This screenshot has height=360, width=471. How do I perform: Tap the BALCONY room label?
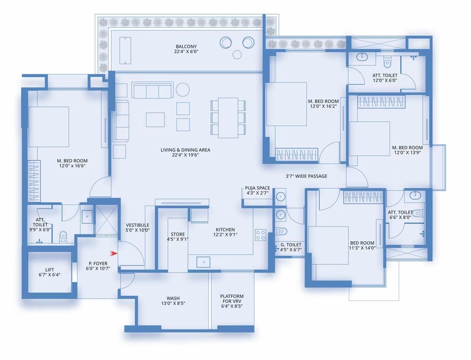click(x=186, y=46)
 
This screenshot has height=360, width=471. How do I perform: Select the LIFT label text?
click(x=50, y=270)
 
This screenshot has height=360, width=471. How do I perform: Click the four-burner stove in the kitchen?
click(x=261, y=235)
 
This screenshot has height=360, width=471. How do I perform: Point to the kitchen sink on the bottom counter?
click(x=203, y=262)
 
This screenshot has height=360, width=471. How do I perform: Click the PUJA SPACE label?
click(x=257, y=188)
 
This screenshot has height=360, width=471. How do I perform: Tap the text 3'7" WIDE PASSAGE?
click(x=307, y=176)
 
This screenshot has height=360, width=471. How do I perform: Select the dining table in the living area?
click(x=228, y=118)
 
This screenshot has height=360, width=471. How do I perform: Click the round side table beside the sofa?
click(x=183, y=89)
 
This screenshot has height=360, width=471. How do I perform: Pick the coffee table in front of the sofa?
click(x=155, y=120)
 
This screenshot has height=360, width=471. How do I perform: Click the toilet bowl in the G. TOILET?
click(x=281, y=231)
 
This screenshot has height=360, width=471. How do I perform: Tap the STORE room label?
click(x=178, y=234)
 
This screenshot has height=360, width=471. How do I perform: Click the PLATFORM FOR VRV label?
click(x=232, y=298)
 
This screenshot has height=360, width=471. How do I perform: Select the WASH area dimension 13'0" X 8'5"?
click(x=173, y=303)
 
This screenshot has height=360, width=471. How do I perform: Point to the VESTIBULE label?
click(x=138, y=225)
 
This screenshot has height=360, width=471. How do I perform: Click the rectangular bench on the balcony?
click(x=125, y=51)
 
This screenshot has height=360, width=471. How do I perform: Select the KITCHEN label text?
click(x=225, y=230)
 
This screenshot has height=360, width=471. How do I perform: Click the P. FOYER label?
click(x=98, y=263)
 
